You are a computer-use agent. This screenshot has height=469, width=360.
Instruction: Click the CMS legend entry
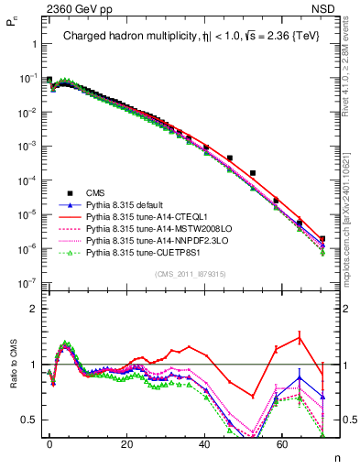point(95,192)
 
